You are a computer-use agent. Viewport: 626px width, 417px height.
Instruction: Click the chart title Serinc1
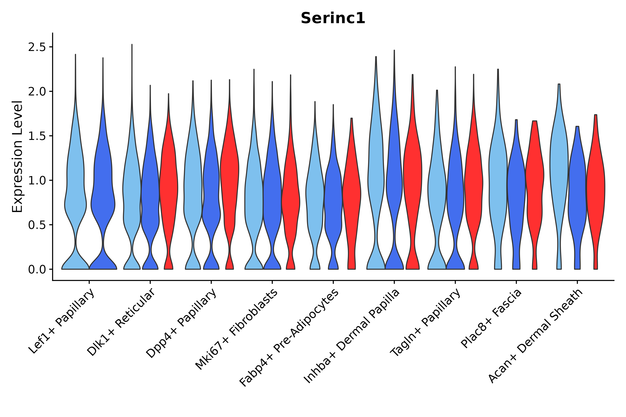click(333, 19)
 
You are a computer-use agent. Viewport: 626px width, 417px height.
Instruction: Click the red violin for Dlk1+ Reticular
click(169, 186)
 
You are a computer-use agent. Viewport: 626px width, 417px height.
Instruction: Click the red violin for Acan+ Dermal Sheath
click(596, 186)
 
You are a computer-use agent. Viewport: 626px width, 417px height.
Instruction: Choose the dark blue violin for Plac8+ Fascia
click(516, 186)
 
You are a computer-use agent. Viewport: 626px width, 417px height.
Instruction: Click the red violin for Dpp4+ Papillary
click(230, 173)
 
